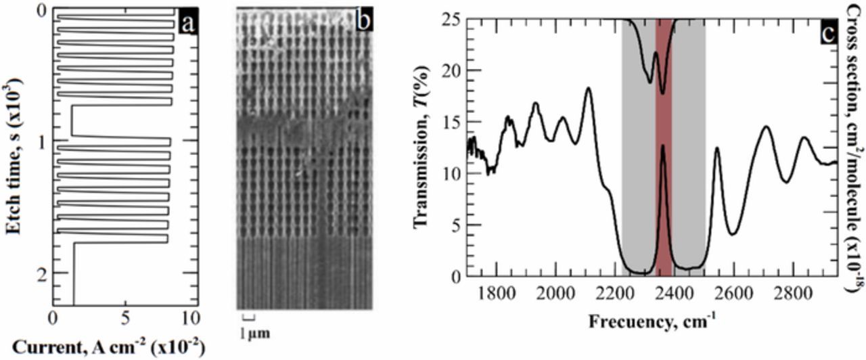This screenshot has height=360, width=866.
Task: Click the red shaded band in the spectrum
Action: tap(664, 203)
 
